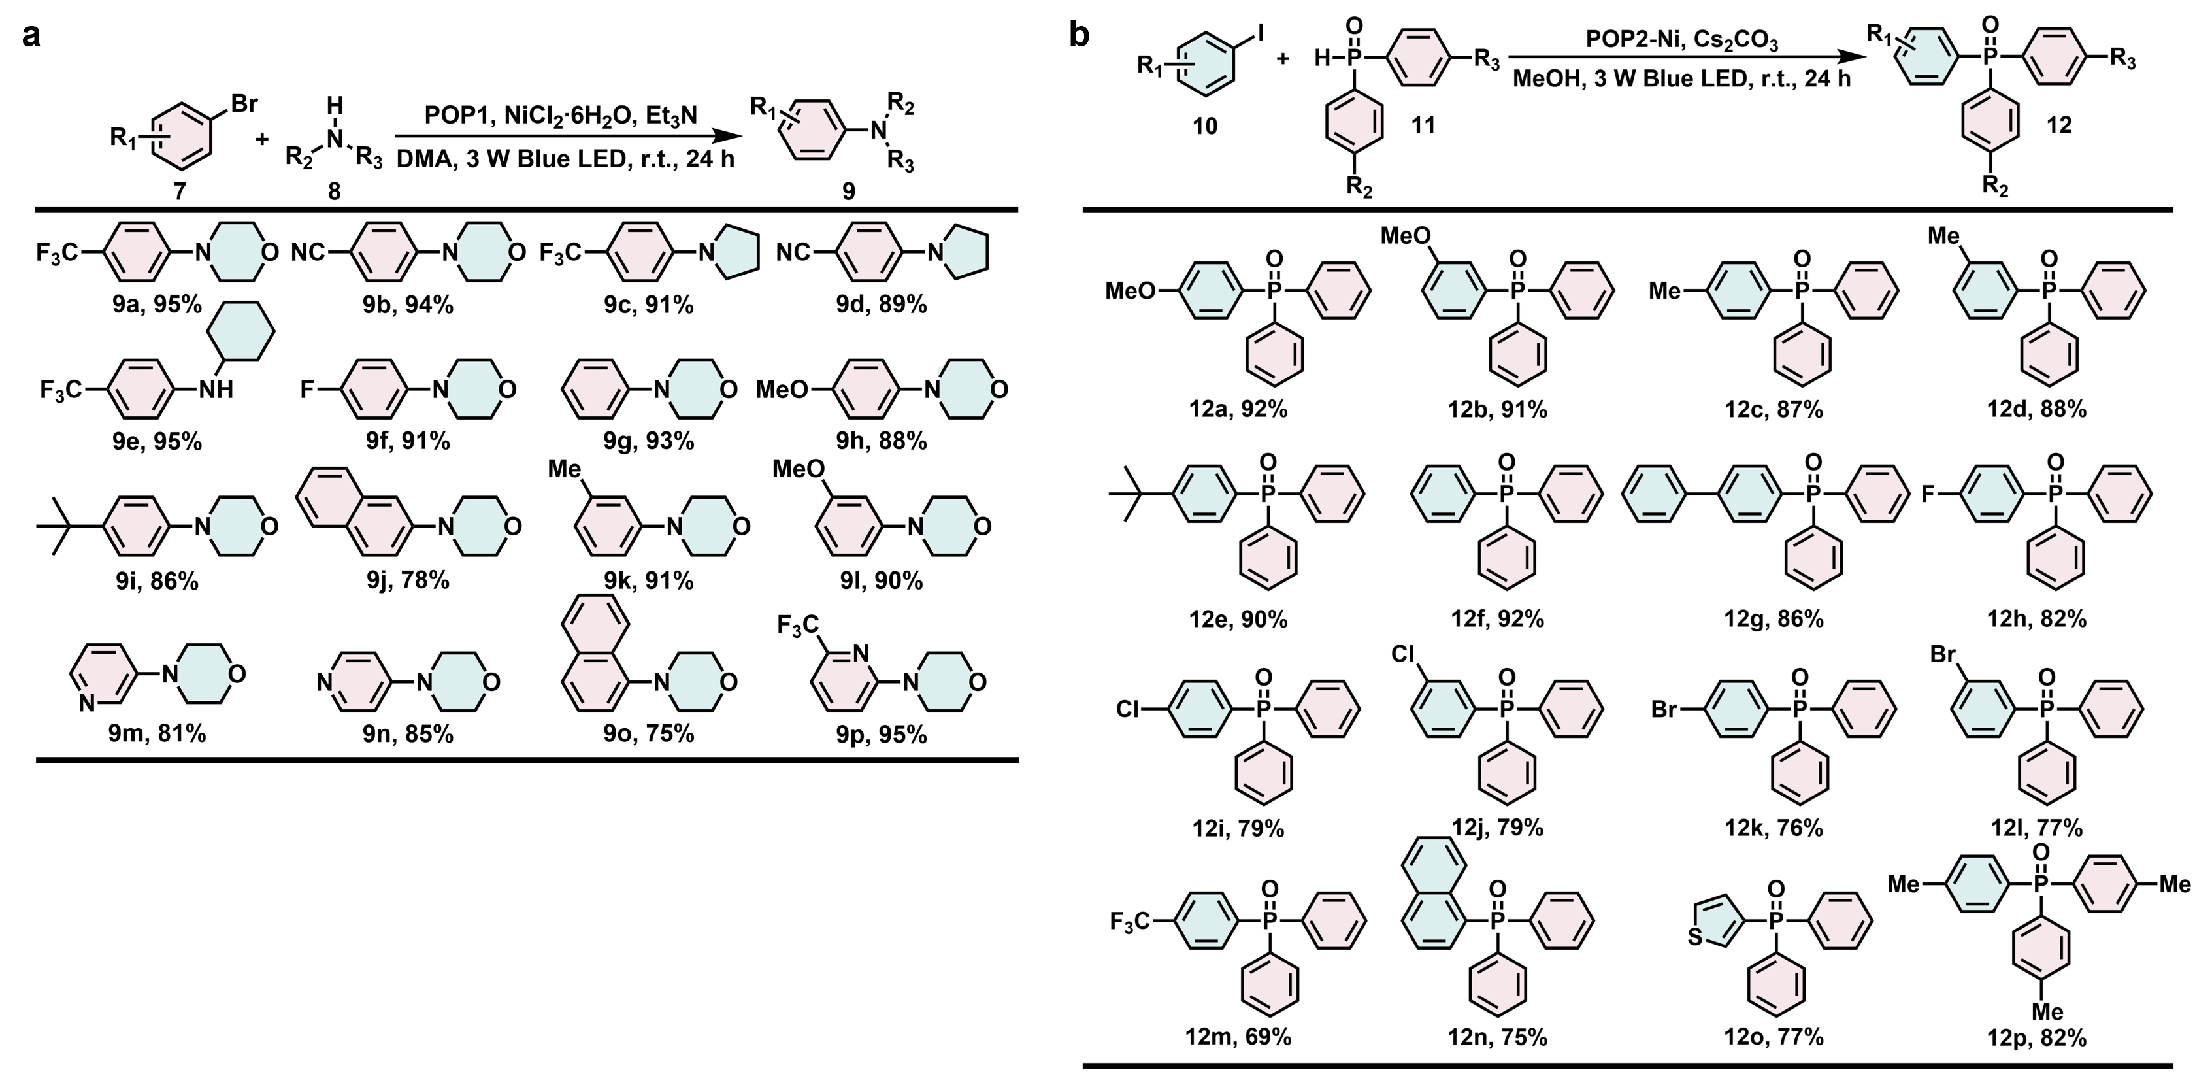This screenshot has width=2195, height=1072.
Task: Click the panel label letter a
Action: point(31,36)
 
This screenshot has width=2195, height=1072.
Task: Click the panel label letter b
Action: point(1079,36)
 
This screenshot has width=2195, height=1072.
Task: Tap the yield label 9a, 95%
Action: point(157,304)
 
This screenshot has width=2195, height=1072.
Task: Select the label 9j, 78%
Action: point(407,580)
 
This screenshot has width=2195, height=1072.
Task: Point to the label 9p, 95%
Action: point(881,735)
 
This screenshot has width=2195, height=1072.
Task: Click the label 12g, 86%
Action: point(1774,618)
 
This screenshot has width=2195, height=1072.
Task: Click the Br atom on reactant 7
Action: point(244,104)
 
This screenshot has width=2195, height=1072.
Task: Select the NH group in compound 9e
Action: point(216,390)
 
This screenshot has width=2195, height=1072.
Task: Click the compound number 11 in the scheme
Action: point(1423,126)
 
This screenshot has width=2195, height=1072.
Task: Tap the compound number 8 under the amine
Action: point(334,191)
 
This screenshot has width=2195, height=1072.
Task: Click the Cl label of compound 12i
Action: point(1127,710)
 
